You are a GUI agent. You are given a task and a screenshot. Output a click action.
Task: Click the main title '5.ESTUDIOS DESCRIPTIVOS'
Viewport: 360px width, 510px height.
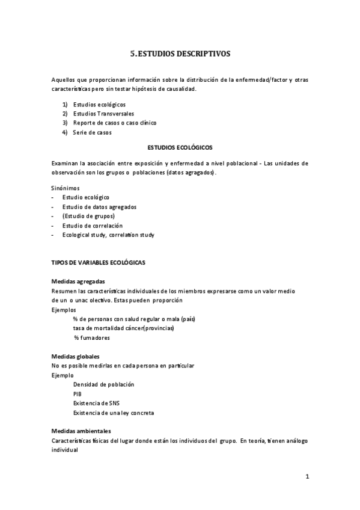(x=180, y=54)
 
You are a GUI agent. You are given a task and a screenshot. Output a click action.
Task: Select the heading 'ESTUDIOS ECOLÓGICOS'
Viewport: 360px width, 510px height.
(x=180, y=147)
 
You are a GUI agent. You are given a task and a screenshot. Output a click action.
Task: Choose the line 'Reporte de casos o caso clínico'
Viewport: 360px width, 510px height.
(x=114, y=123)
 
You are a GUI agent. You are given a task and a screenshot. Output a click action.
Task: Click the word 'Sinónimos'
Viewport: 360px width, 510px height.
(x=66, y=188)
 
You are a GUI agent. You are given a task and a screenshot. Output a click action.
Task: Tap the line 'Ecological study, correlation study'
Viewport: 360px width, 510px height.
(x=108, y=235)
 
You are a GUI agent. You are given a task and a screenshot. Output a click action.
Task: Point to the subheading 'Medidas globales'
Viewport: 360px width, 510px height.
(x=75, y=356)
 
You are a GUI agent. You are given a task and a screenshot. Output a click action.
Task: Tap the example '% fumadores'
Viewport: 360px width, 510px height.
(x=92, y=337)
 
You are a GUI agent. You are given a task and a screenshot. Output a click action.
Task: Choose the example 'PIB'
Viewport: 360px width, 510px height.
(x=78, y=393)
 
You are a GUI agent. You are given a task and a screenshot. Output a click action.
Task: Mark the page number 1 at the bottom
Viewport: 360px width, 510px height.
(x=307, y=477)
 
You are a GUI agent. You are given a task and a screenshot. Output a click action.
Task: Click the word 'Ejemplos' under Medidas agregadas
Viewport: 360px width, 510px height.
(x=64, y=309)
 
